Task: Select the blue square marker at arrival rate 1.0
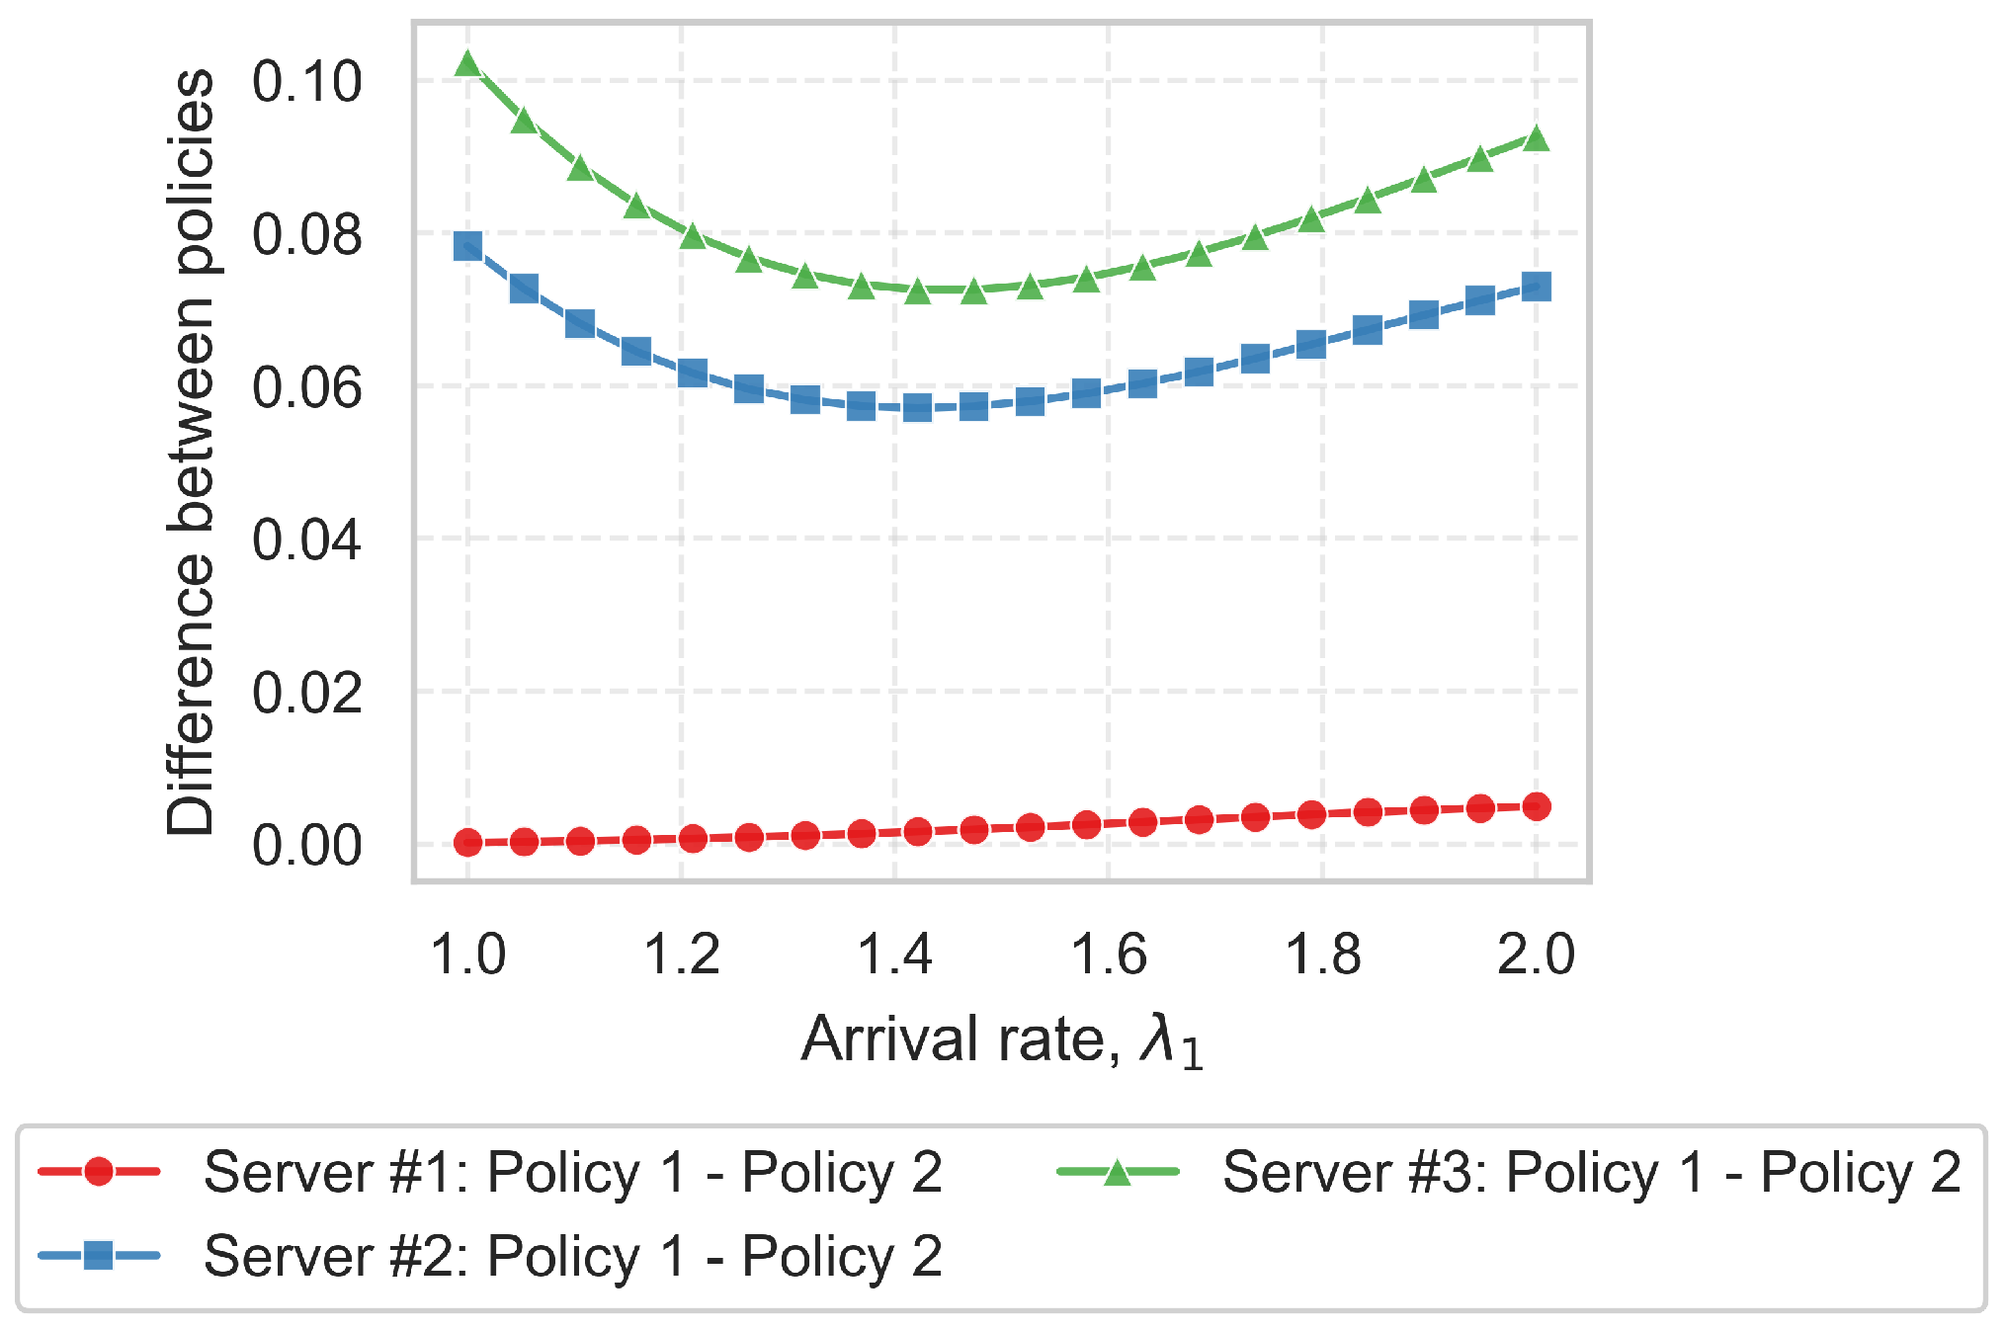coord(467,246)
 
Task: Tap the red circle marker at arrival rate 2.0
coord(1536,806)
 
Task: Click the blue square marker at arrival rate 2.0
coord(1536,288)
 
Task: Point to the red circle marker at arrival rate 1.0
coord(467,843)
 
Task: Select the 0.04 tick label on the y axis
coord(306,540)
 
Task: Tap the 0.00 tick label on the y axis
coord(306,846)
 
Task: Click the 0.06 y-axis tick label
coord(306,387)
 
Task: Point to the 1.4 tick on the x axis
coord(894,955)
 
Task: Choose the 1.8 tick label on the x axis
coord(1322,955)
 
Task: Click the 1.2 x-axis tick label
coord(681,955)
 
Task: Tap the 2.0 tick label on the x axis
coord(1536,955)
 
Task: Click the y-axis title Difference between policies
coord(190,452)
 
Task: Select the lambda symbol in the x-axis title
coord(1159,1039)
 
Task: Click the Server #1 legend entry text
coord(572,1173)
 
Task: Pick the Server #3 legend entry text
coord(1590,1173)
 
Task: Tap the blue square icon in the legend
coord(98,1256)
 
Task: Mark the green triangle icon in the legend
coord(1117,1173)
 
